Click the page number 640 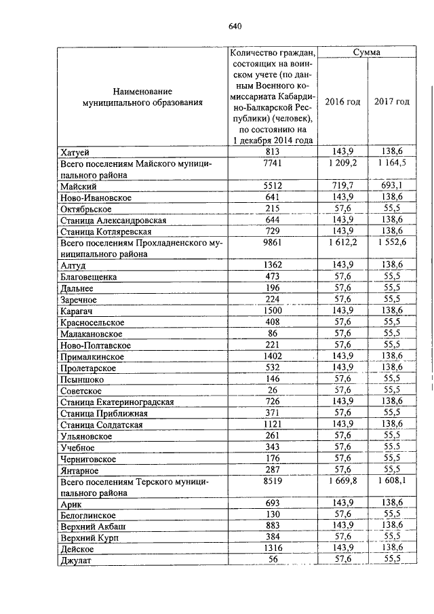235,26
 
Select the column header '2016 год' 342,101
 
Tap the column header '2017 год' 393,101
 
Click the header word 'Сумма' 367,52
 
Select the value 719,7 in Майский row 342,185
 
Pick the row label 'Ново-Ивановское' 96,197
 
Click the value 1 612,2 342,243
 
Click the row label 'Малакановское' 92,334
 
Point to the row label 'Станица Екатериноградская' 117,402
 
